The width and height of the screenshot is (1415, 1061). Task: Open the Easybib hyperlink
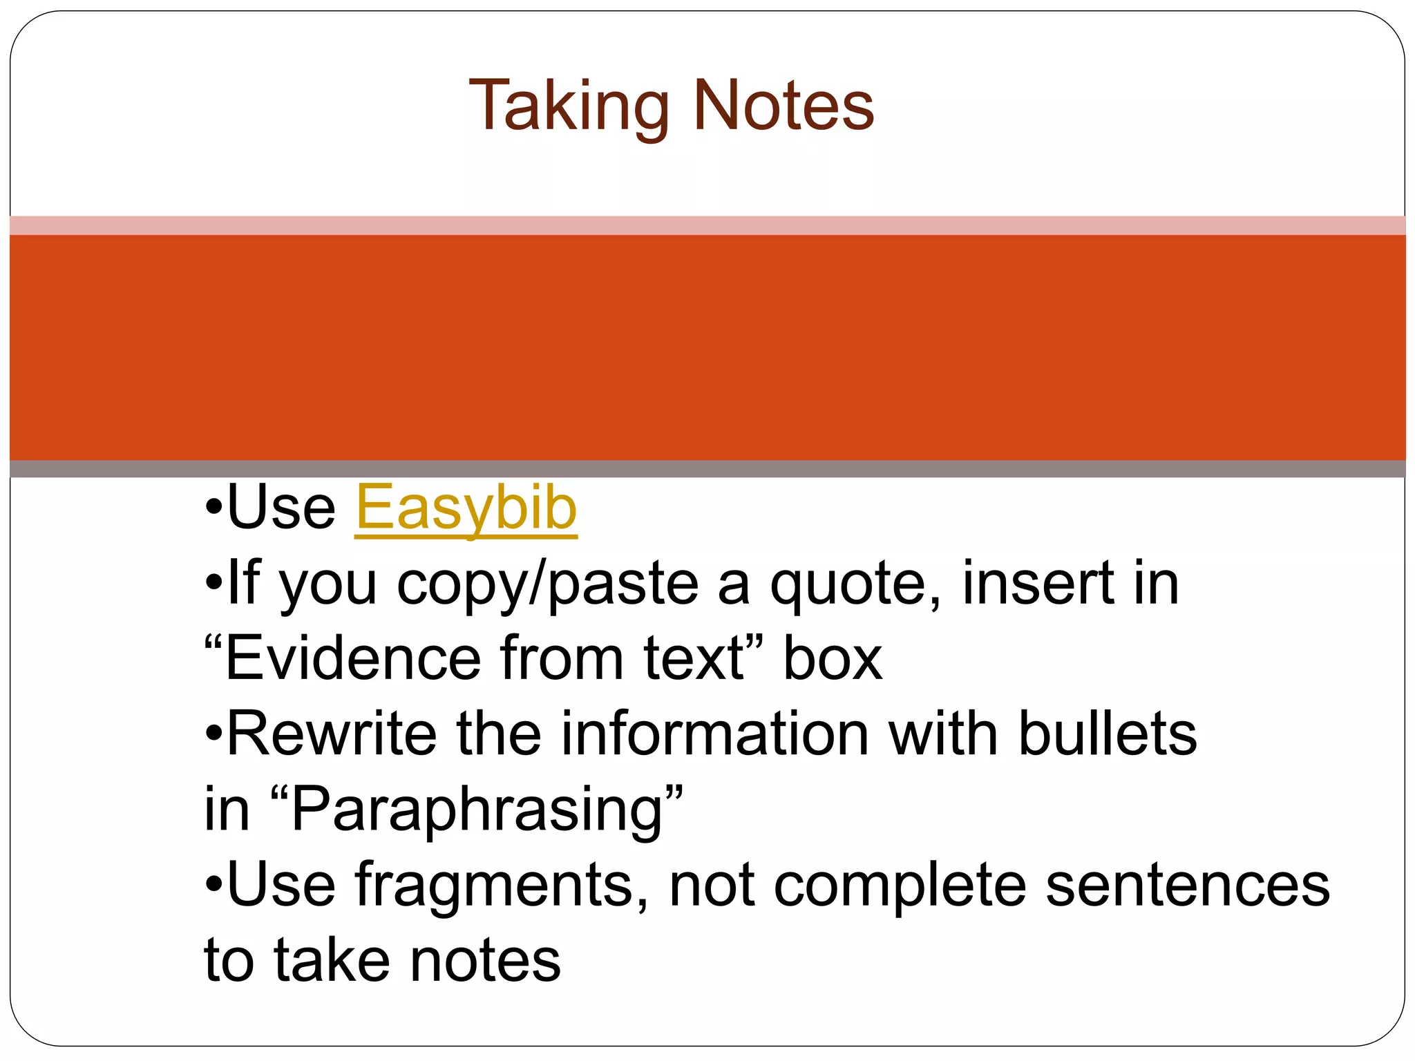click(x=466, y=508)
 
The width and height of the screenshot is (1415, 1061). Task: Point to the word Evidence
click(x=352, y=658)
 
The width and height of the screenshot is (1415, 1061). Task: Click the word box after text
click(x=832, y=658)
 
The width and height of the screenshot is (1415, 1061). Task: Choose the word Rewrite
click(x=331, y=734)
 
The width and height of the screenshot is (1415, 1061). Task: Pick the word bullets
click(x=1107, y=734)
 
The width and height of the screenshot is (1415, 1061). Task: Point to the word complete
click(x=900, y=886)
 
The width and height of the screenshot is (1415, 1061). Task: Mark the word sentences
click(x=1187, y=886)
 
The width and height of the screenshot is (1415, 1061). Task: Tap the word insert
click(x=1036, y=584)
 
